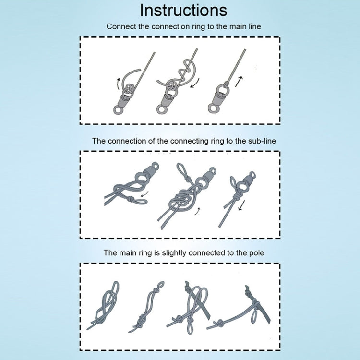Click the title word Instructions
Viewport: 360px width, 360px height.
(183, 11)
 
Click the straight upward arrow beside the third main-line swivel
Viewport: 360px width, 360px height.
(239, 82)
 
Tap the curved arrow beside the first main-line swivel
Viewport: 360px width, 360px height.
(118, 84)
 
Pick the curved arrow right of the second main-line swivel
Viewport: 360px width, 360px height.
(195, 83)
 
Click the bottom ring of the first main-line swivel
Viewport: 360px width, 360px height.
(118, 110)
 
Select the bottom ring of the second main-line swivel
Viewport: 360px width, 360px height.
(161, 109)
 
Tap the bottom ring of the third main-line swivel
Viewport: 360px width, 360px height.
(213, 108)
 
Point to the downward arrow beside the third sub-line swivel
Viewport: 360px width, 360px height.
(241, 205)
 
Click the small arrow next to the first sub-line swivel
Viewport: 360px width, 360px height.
(144, 194)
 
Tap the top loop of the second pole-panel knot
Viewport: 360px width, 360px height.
(159, 286)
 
